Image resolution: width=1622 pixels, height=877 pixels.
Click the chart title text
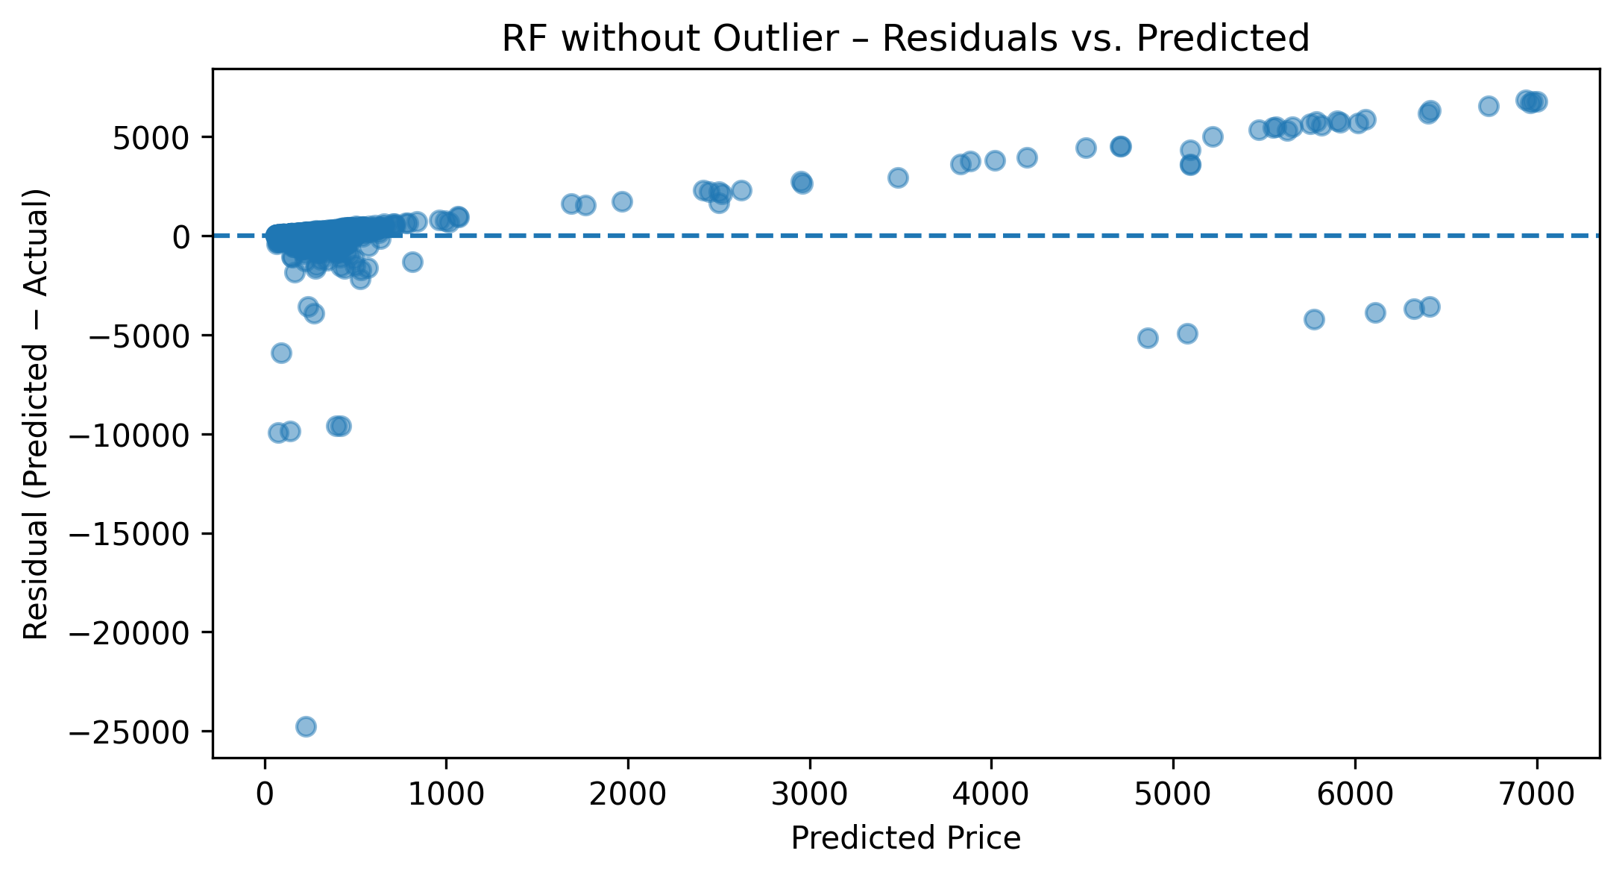[905, 39]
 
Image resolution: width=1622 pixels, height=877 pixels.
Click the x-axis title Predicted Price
[905, 839]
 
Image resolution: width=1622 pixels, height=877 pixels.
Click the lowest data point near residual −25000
[306, 726]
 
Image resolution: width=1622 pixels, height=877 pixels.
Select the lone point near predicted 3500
[898, 177]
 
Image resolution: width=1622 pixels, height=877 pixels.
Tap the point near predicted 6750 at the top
[1489, 106]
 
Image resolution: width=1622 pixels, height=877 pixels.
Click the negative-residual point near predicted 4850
[1148, 338]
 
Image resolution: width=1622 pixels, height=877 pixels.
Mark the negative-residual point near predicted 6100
[1375, 312]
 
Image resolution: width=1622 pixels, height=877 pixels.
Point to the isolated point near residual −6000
[281, 353]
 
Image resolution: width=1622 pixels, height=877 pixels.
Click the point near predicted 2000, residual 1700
[622, 201]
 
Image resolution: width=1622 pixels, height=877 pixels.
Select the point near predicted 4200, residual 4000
[1027, 157]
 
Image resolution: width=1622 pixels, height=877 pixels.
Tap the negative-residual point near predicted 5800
[1314, 319]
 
